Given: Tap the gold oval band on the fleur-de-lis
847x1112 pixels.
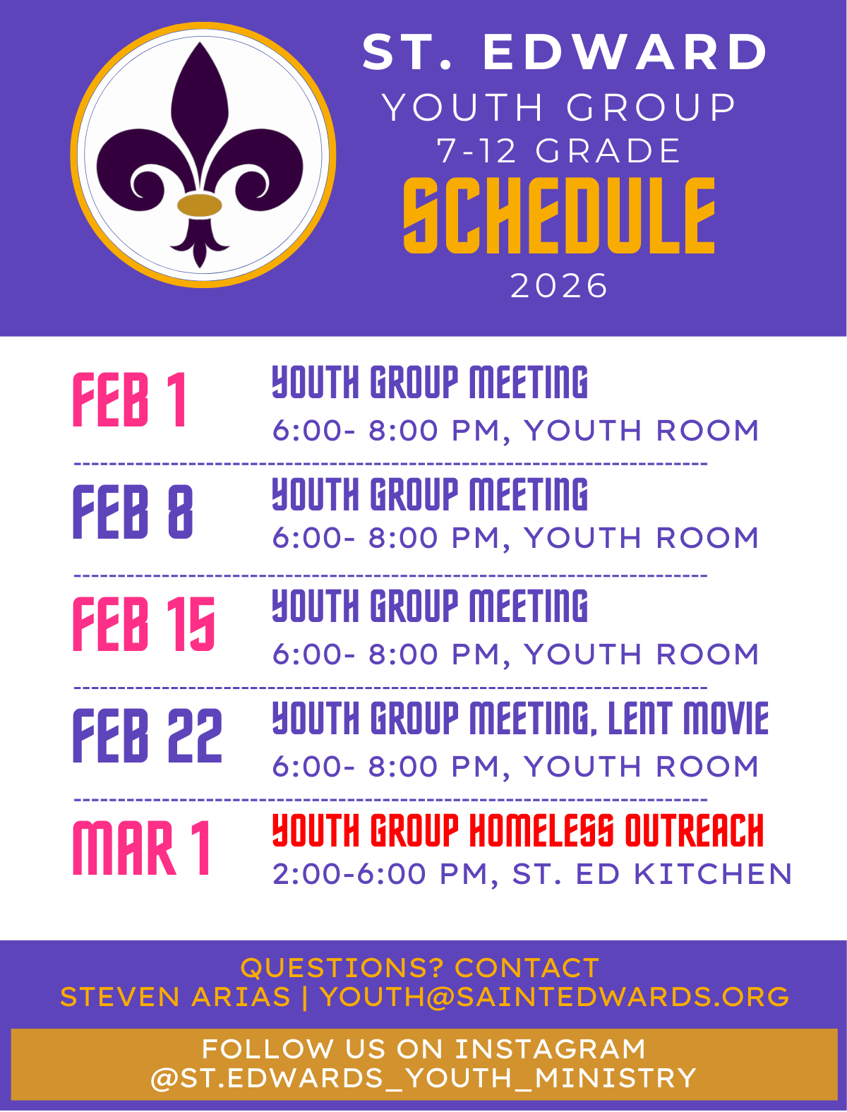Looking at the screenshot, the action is coord(200,205).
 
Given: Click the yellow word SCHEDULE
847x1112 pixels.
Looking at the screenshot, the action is coord(559,216).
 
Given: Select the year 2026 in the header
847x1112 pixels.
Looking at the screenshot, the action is coord(559,286).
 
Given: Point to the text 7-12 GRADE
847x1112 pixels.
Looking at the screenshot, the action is coord(559,151).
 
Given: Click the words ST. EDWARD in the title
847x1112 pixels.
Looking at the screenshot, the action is coord(565,52).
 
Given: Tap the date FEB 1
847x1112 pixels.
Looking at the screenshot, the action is coord(130,400).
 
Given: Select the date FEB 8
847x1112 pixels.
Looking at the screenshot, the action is coord(133,512).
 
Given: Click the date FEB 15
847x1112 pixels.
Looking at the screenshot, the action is coord(144,623).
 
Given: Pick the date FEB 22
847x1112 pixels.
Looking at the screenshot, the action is coord(148,736).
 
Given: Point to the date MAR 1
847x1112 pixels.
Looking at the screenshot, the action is coord(141,848).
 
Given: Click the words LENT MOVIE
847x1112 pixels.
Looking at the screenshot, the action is coord(688,718).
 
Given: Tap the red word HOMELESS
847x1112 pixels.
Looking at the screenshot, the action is coord(541,830).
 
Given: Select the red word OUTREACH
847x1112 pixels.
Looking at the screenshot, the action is coord(694,830).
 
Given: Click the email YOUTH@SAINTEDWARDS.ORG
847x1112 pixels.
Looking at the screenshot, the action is coord(555,997).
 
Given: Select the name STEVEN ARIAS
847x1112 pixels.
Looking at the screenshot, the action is coord(175,997).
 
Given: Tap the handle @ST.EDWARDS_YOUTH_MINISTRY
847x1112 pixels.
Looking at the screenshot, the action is coord(423,1078).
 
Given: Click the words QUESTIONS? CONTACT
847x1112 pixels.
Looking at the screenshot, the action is coord(420,968).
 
